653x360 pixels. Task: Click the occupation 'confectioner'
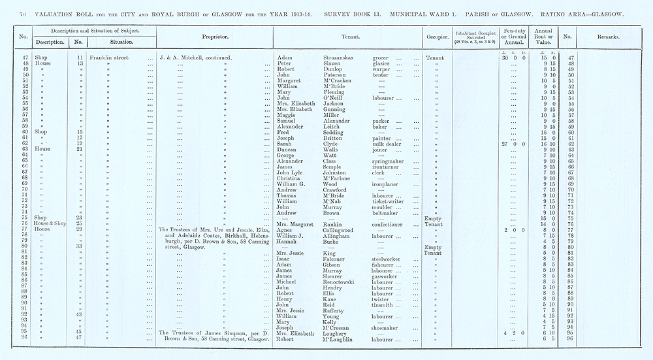pos(391,223)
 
